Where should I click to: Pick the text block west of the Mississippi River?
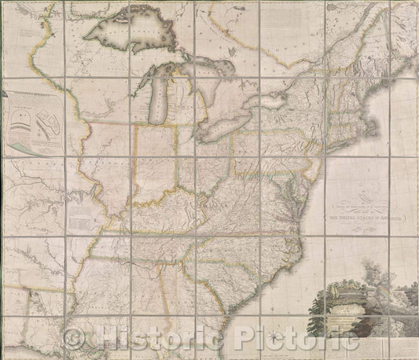click(79, 208)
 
